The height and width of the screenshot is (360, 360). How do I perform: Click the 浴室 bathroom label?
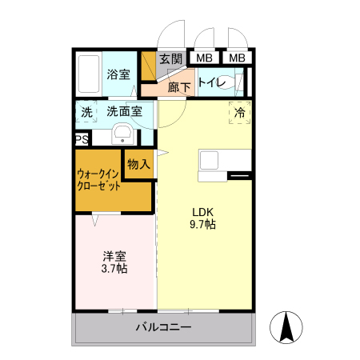118,75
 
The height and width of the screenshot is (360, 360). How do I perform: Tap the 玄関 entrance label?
170,58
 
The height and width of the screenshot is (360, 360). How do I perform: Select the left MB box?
205,58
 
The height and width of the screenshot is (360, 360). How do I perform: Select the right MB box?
238,58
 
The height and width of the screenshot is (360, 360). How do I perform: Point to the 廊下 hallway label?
179,86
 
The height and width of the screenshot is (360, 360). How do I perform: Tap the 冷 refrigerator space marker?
239,113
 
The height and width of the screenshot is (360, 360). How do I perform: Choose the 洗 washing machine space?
86,113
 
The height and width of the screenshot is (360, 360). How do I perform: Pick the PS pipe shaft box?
82,139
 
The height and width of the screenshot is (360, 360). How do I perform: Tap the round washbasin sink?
122,133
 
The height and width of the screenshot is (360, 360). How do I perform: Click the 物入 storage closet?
138,165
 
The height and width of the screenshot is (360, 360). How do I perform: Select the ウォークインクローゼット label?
99,179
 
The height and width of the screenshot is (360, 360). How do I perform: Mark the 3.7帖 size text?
114,270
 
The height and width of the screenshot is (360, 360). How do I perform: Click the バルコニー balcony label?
163,327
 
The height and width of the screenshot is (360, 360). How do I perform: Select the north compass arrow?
288,325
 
